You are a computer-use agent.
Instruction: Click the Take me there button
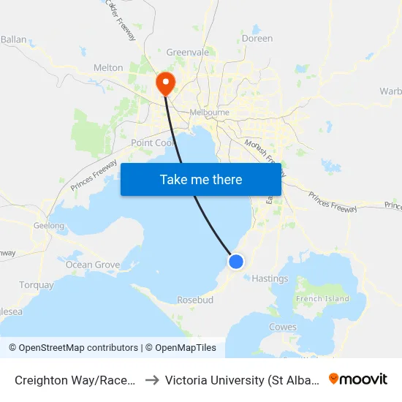pos(201,179)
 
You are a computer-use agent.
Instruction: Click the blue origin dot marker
pos(235,261)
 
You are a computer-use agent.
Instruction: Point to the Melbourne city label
pos(209,113)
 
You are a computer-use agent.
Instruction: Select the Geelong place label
pos(49,226)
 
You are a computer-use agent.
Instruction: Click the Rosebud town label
pos(194,300)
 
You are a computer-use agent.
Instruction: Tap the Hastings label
pos(270,278)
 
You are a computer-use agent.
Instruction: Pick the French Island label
pos(322,299)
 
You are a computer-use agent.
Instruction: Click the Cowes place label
pos(283,327)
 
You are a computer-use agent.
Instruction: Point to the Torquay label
pos(36,285)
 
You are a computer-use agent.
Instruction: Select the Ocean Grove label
pos(93,265)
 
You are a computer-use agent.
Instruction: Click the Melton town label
pos(108,68)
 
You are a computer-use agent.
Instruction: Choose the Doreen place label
pos(257,38)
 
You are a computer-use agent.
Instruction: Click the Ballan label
pos(13,39)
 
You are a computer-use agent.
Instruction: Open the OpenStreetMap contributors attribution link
pos(73,348)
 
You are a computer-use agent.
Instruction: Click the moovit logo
pos(358,379)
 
